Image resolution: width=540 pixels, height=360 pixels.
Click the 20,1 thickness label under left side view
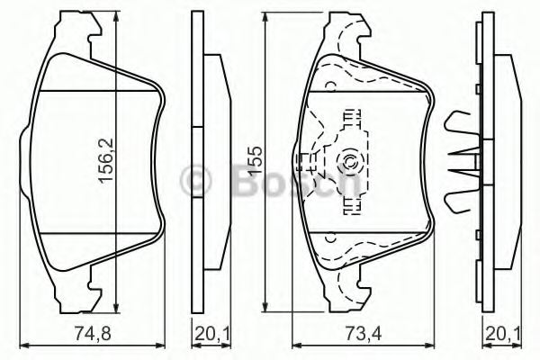pyautogui.click(x=208, y=334)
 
